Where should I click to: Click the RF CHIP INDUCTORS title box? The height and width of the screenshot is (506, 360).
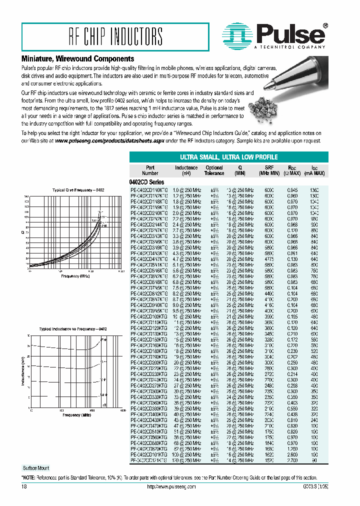pyautogui.click(x=115, y=36)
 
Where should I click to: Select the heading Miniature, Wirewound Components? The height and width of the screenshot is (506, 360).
pyautogui.click(x=77, y=59)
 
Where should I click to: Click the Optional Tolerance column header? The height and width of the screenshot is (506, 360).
pyautogui.click(x=214, y=170)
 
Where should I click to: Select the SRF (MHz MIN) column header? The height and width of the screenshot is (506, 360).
pyautogui.click(x=269, y=170)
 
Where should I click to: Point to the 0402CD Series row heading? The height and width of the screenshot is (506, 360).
pyautogui.click(x=143, y=182)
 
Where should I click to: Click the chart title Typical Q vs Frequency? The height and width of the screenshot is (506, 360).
pyautogui.click(x=78, y=190)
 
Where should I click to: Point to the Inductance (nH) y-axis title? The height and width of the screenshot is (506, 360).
pyautogui.click(x=23, y=371)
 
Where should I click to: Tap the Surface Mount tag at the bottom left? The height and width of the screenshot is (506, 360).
pyautogui.click(x=36, y=468)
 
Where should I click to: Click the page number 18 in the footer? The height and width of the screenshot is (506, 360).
pyautogui.click(x=24, y=486)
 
